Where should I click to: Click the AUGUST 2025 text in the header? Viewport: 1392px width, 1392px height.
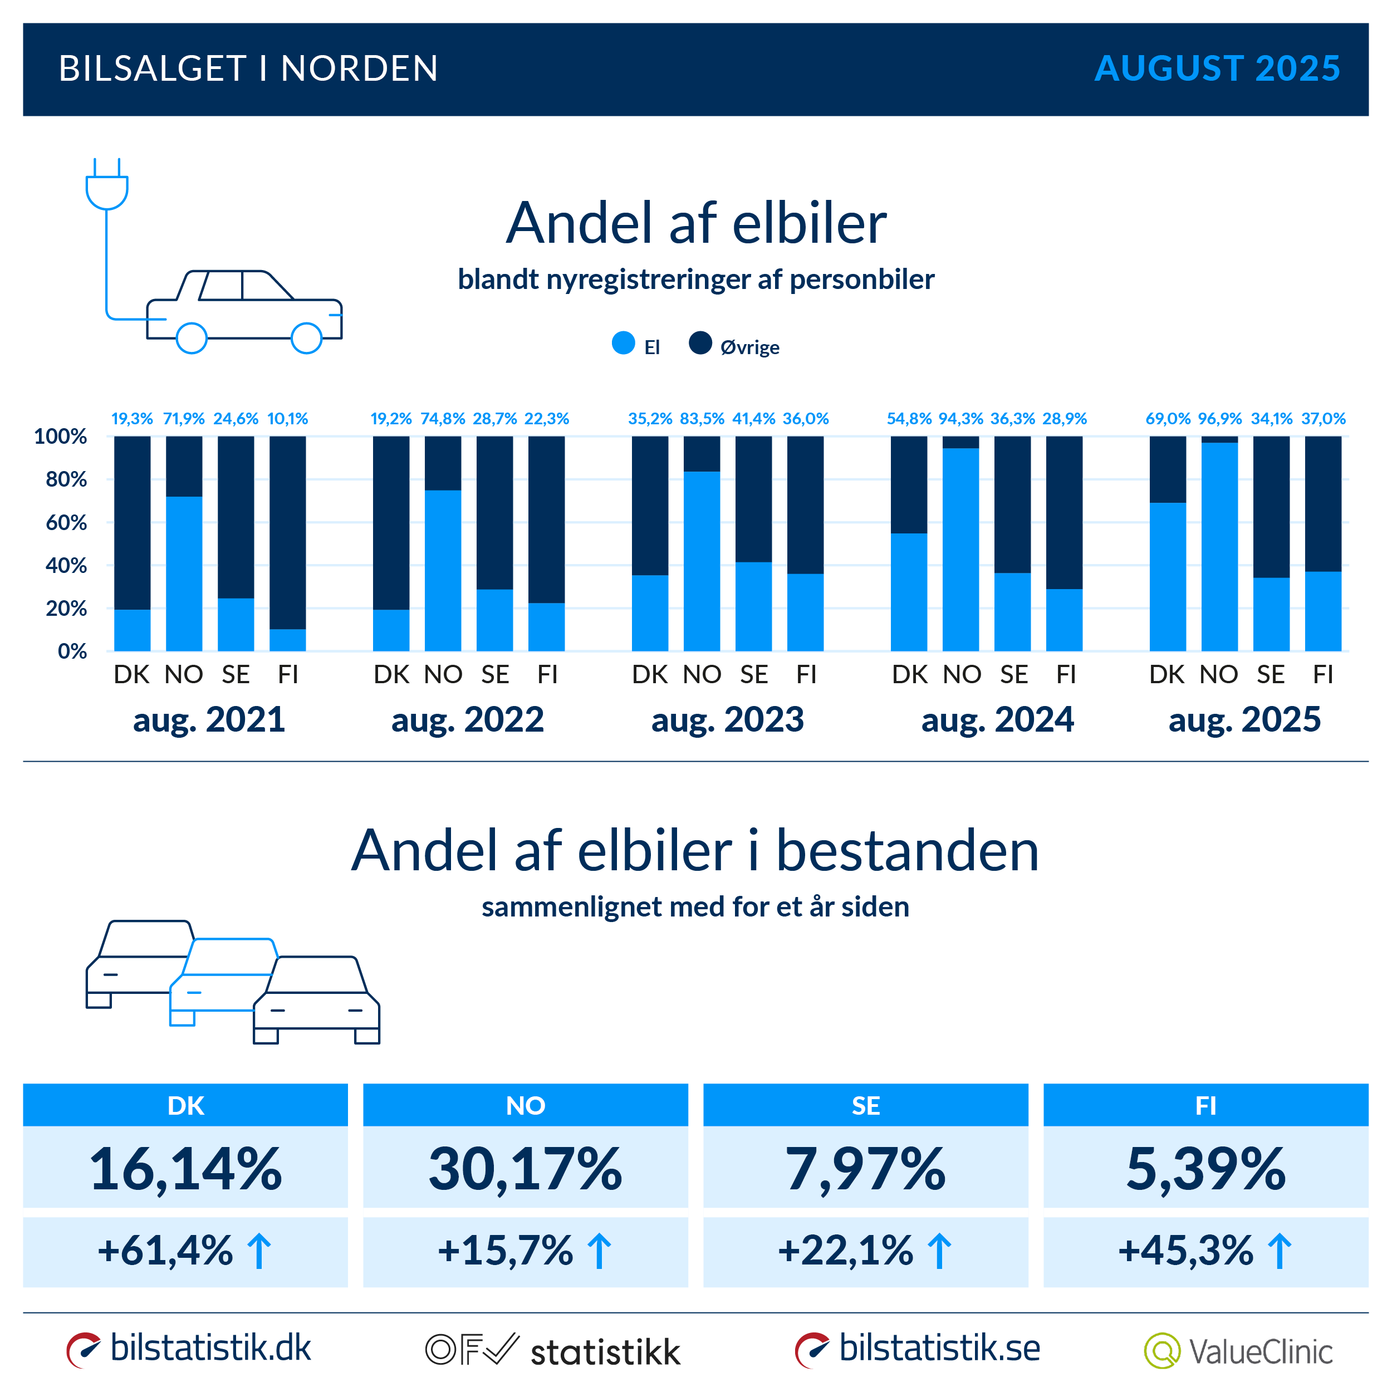[x=1217, y=68]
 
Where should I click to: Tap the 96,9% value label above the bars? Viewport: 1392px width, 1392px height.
[x=1220, y=419]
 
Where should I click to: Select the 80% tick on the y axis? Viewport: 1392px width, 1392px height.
[x=66, y=479]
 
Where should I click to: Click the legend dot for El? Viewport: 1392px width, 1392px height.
[x=623, y=343]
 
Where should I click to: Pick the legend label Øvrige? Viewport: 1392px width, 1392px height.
[x=749, y=347]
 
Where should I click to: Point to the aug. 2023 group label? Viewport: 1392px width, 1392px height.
[x=727, y=719]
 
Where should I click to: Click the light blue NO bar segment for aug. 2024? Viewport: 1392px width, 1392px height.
[x=960, y=549]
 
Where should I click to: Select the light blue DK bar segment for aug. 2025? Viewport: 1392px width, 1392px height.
[x=1167, y=576]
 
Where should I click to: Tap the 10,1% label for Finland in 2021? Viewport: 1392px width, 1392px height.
[x=287, y=419]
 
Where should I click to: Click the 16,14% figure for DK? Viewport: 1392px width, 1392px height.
[x=185, y=1169]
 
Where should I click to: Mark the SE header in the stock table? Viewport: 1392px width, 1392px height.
[x=865, y=1105]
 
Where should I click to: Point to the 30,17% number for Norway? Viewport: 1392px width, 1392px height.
[x=525, y=1169]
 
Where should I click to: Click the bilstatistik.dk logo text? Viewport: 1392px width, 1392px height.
[x=210, y=1348]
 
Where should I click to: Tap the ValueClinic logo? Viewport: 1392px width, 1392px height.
[x=1238, y=1351]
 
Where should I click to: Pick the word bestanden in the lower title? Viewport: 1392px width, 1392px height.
[x=907, y=851]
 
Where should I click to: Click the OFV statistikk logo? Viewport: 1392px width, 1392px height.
[x=552, y=1351]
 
